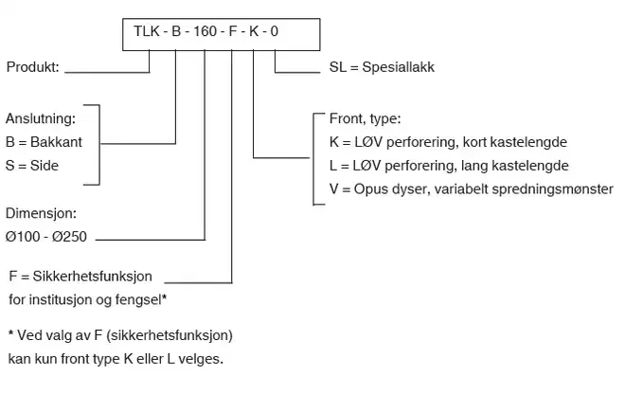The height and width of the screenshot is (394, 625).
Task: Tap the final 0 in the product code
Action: [276, 33]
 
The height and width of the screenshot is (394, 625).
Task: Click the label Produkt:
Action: [33, 67]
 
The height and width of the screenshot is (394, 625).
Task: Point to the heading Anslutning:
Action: [40, 119]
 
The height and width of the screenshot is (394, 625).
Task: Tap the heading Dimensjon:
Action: [39, 214]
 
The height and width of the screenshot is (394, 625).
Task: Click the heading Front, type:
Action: [365, 119]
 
